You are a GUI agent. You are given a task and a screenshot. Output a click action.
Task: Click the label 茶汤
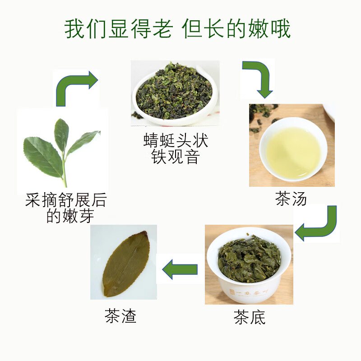click(291, 199)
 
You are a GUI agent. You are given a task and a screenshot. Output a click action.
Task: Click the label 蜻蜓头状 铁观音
click(175, 149)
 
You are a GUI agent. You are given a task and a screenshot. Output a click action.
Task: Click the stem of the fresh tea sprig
click(65, 171)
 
